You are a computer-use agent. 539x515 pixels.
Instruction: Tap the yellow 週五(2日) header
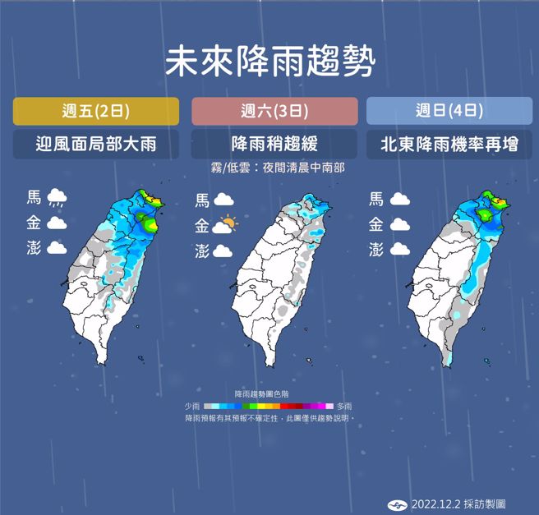pyautogui.click(x=96, y=111)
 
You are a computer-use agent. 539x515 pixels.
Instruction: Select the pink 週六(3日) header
pyautogui.click(x=274, y=111)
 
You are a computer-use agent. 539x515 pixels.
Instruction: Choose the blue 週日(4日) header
pyautogui.click(x=449, y=111)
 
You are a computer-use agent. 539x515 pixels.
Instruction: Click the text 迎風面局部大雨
pyautogui.click(x=96, y=145)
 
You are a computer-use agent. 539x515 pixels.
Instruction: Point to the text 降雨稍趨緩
pyautogui.click(x=274, y=145)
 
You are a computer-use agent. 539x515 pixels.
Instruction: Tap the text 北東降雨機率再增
pyautogui.click(x=449, y=145)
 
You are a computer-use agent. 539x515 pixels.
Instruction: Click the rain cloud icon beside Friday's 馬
pyautogui.click(x=57, y=197)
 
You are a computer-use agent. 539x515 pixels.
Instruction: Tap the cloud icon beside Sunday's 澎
pyautogui.click(x=401, y=249)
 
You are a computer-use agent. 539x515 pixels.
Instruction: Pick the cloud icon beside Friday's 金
pyautogui.click(x=57, y=223)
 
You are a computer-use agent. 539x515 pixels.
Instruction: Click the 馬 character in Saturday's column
pyautogui.click(x=201, y=200)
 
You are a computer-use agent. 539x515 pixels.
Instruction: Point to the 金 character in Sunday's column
pyautogui.click(x=376, y=223)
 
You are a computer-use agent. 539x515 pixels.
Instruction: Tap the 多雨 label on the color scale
pyautogui.click(x=343, y=406)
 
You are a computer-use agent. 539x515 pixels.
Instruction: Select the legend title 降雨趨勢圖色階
pyautogui.click(x=269, y=394)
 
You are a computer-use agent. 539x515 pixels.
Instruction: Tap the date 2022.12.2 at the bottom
pyautogui.click(x=435, y=504)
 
